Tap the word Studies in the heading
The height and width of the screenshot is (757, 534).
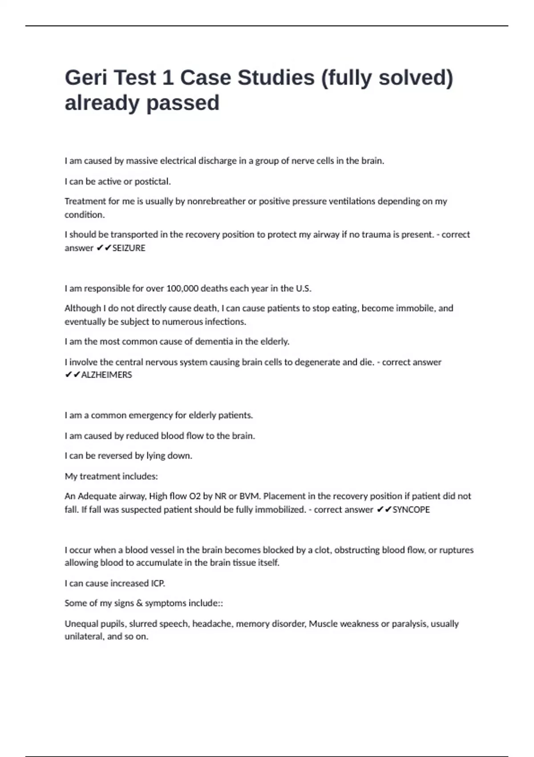pos(276,78)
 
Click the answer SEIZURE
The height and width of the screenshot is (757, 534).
pos(129,248)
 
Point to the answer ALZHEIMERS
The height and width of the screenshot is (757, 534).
pos(106,375)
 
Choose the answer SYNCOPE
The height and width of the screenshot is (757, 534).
pos(411,509)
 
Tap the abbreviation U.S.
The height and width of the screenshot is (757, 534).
pos(303,289)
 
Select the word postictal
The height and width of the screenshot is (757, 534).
pos(153,182)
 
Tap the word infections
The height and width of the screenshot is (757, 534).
pos(225,322)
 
